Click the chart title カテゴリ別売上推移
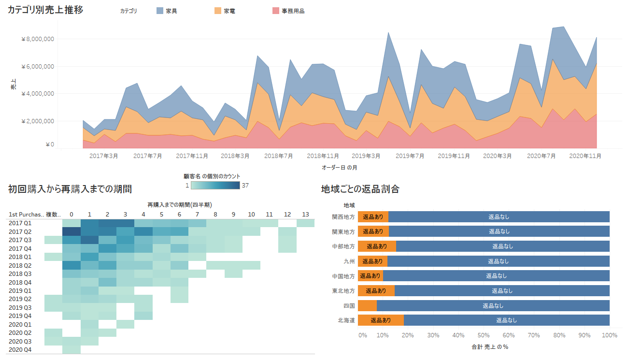point(45,10)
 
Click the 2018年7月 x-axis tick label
point(279,156)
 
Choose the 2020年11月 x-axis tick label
point(585,156)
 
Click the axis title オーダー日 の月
point(339,168)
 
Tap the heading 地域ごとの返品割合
point(360,189)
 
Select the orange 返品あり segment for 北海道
point(381,320)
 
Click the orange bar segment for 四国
point(367,305)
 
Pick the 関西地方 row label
point(343,217)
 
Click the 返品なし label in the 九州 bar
point(498,261)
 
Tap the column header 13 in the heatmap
point(305,215)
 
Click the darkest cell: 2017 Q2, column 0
point(71,231)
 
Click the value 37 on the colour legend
point(245,186)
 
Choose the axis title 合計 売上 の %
point(489,347)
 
